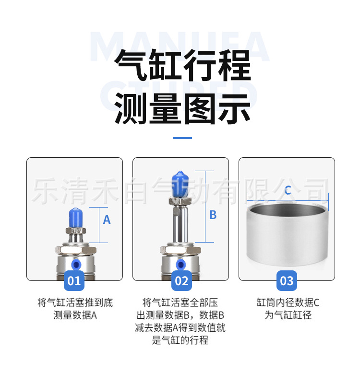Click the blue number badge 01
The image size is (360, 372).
point(74,280)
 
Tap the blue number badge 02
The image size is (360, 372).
point(181,280)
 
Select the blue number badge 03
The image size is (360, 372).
point(287,280)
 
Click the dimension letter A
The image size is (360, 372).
point(107,220)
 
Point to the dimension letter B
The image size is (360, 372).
point(213,215)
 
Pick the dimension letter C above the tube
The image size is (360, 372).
point(288,191)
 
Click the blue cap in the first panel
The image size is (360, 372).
point(75,218)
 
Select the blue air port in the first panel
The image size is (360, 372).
point(75,265)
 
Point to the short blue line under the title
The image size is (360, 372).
point(182,138)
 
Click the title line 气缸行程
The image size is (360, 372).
point(182,66)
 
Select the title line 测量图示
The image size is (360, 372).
point(182,109)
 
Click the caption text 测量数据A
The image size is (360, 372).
point(75,315)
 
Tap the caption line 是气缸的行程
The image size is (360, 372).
point(180,340)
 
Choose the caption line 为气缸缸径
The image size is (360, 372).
point(288,315)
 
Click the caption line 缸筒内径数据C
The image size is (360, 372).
point(288,303)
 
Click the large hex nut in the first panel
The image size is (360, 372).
point(75,250)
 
